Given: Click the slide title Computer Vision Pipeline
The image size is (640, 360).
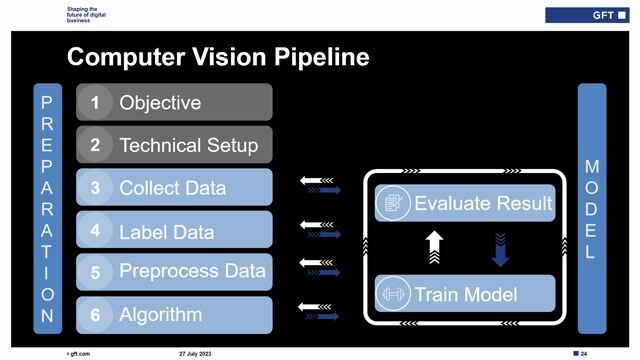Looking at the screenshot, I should (218, 57).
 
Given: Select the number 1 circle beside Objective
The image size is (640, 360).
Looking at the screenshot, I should (95, 102).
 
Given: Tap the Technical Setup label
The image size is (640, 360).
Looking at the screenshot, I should (188, 145).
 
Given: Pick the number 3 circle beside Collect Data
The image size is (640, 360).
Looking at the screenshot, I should (95, 187).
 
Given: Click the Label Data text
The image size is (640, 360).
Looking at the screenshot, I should (166, 232).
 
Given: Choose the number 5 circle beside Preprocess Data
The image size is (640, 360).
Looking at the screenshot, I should (95, 272).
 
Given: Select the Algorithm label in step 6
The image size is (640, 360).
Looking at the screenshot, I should (160, 314).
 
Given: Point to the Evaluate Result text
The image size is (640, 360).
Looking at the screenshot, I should (483, 204).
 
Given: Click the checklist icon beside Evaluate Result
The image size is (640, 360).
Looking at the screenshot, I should (392, 204).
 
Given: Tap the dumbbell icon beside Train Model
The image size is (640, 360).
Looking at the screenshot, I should (392, 294).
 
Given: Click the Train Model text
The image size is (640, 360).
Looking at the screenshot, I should (465, 294).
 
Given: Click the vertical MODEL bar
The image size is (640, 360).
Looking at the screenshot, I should (591, 207).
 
